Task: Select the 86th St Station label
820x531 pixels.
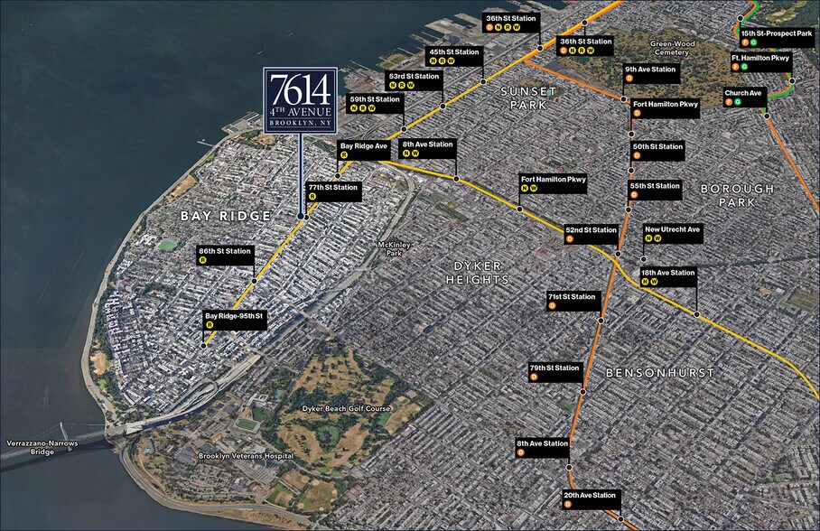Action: [225, 255]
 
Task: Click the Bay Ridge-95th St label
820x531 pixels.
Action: [233, 320]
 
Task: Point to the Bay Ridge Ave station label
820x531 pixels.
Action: [363, 149]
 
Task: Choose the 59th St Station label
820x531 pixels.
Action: [375, 103]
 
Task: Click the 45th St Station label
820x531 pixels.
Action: [453, 56]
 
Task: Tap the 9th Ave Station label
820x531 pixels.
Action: [650, 72]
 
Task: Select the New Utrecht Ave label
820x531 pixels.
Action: [672, 233]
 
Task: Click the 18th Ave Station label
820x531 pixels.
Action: [667, 276]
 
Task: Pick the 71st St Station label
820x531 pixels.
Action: [572, 301]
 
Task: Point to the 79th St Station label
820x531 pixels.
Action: [554, 372]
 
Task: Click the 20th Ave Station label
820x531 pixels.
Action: [591, 499]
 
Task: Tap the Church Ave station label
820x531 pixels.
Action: [743, 96]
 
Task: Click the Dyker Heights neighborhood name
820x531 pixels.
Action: [478, 273]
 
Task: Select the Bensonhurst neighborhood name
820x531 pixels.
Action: [659, 372]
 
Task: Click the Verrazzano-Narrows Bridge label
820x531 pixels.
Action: [31, 447]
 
